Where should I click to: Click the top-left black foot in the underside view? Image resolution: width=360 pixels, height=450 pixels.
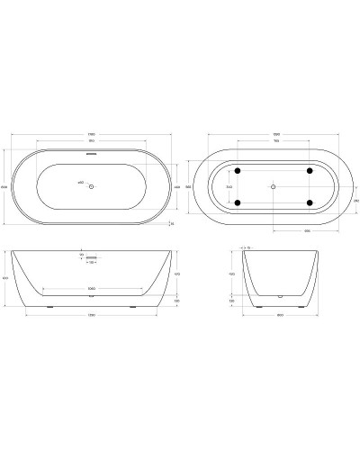coord(237,170)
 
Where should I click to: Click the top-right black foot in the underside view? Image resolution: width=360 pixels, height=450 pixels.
coord(309,170)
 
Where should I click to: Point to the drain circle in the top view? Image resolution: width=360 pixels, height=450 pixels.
coord(93,186)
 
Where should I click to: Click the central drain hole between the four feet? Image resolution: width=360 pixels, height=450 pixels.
coord(273,186)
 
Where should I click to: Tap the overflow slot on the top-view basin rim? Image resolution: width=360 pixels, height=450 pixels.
coord(91,152)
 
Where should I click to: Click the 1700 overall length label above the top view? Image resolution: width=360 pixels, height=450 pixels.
coord(92,135)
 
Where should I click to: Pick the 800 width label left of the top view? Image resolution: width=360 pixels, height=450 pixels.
coord(5,186)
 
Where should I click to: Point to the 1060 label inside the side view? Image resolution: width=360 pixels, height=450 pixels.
coord(92,289)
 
